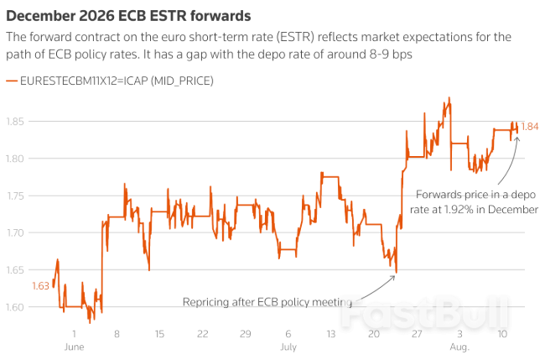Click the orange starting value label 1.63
click(41, 286)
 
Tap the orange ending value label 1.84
click(530, 127)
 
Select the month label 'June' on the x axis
click(74, 346)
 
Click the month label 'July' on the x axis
click(288, 346)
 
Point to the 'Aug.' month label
click(459, 346)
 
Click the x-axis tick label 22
click(202, 333)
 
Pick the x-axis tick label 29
click(245, 333)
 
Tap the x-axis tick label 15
click(159, 333)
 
